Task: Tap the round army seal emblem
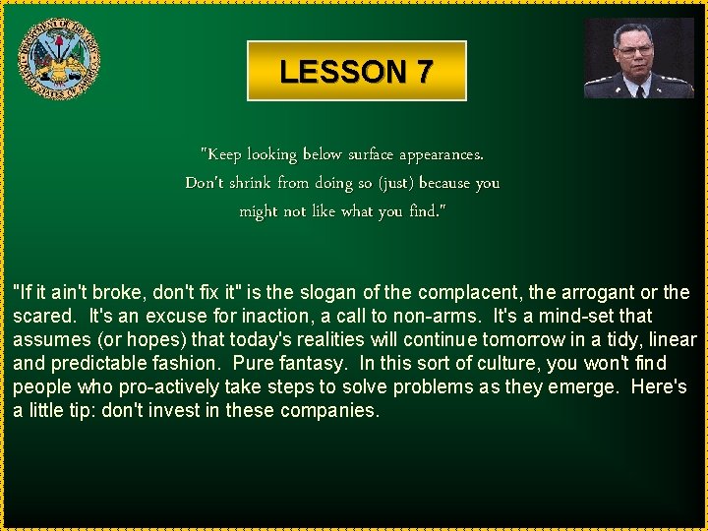click(61, 61)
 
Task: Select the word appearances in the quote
click(442, 154)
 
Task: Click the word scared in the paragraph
click(44, 317)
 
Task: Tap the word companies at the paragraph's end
click(329, 411)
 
